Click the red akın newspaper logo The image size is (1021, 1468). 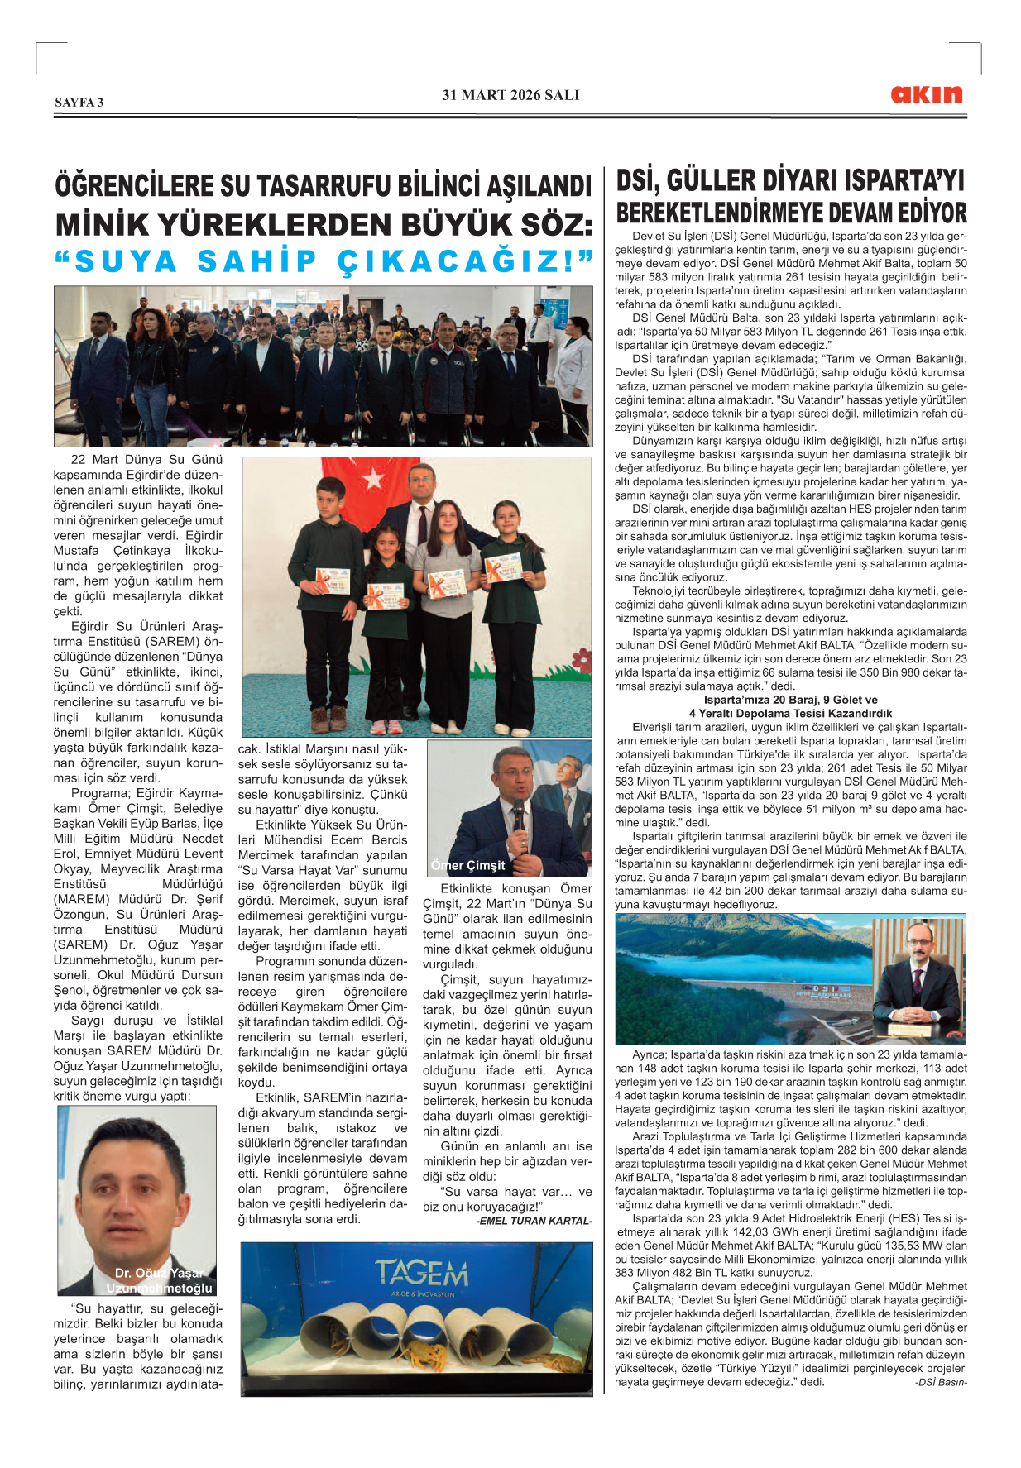pos(927,94)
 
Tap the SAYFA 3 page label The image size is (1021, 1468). pos(79,103)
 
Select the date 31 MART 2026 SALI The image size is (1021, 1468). pos(510,95)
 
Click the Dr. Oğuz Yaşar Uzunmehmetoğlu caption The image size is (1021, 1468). pos(162,1280)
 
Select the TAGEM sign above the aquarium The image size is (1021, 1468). pos(421,1273)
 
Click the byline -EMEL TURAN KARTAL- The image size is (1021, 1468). pos(534,1221)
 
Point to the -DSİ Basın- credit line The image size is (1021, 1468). pos(941,1382)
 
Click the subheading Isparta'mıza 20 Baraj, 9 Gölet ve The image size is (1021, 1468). pos(790,700)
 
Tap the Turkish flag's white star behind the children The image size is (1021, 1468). pos(374,478)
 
